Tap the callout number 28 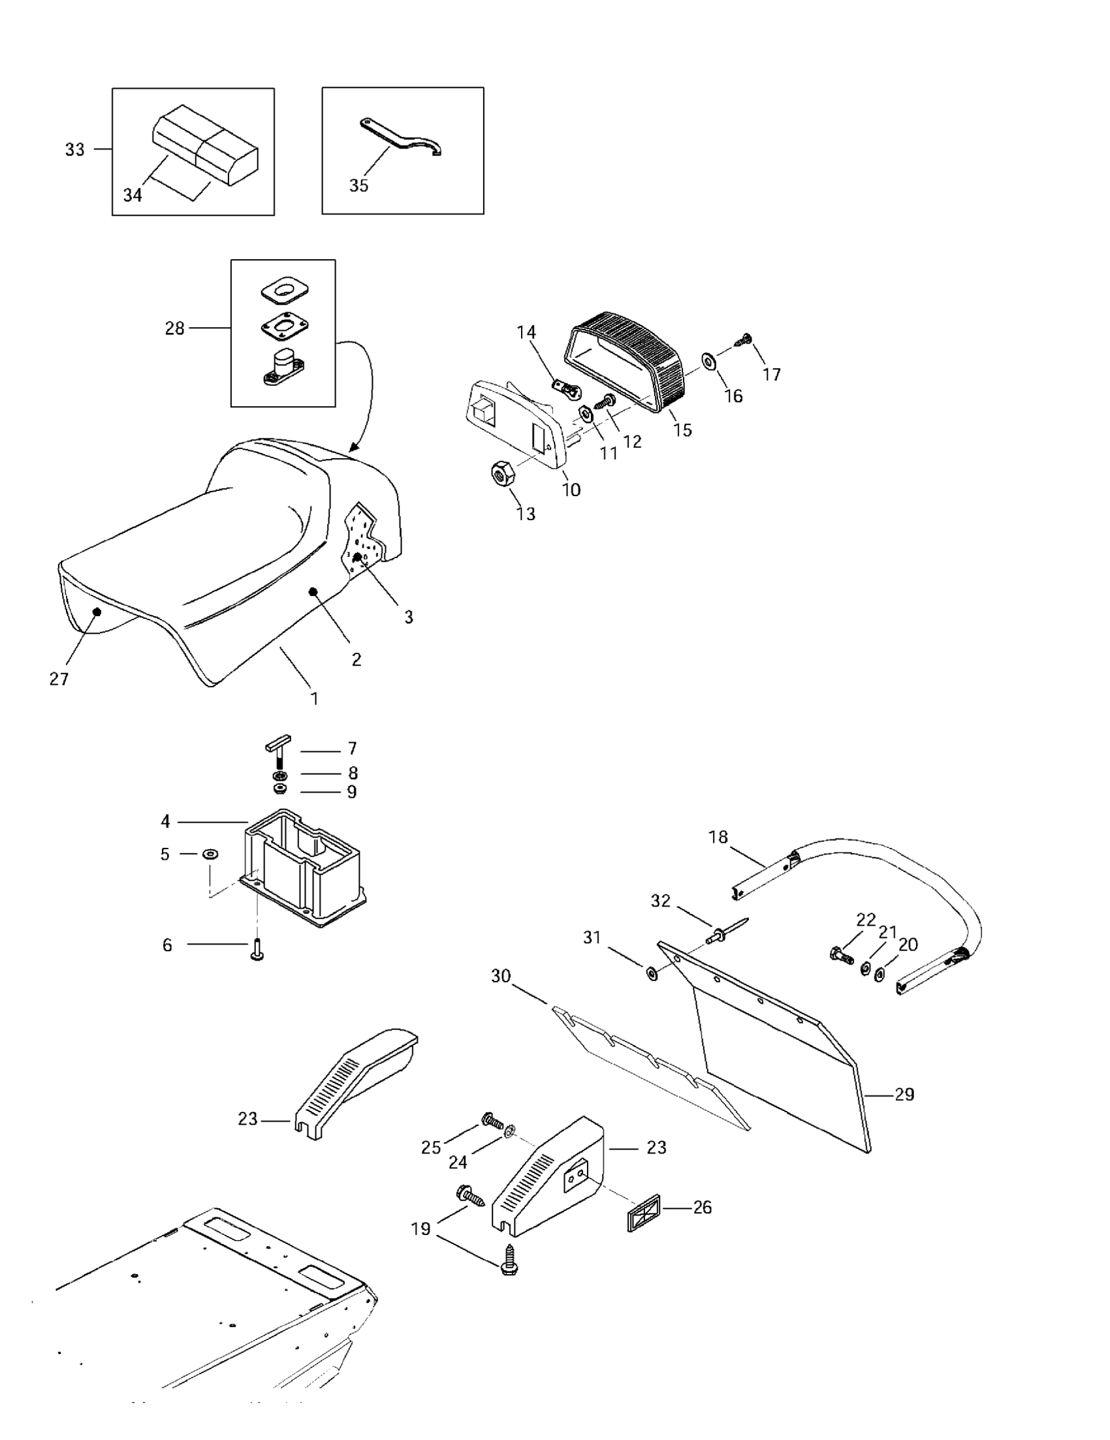click(175, 328)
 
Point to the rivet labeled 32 click(723, 931)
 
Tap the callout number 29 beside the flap click(904, 1095)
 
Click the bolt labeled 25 click(492, 1120)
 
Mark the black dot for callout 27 click(97, 611)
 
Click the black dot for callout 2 click(313, 592)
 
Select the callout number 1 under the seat click(315, 698)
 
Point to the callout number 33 click(74, 149)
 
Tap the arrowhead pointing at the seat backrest click(354, 448)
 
